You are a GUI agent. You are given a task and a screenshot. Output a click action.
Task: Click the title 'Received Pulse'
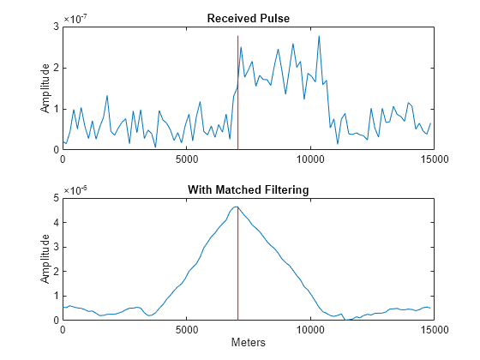coord(248,18)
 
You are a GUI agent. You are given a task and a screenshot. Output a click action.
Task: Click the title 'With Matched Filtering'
coord(248,189)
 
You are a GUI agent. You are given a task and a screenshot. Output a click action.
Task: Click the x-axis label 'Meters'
coord(248,343)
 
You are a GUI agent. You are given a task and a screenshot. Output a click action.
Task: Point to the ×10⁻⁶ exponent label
coord(77,189)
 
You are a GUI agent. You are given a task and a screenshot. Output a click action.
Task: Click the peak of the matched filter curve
coord(237,207)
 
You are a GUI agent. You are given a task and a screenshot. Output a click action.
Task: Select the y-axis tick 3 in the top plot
coord(56,27)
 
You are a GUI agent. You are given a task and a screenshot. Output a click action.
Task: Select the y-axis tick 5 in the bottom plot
coord(56,198)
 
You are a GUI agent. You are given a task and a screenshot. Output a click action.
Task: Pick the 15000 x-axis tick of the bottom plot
coord(432,329)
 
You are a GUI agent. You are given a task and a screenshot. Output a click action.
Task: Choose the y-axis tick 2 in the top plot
coord(56,68)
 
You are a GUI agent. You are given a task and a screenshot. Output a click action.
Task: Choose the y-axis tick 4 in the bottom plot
coord(56,223)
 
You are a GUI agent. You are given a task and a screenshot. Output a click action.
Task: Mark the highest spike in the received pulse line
coord(319,36)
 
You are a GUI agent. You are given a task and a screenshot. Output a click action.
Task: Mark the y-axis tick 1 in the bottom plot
coord(56,296)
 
